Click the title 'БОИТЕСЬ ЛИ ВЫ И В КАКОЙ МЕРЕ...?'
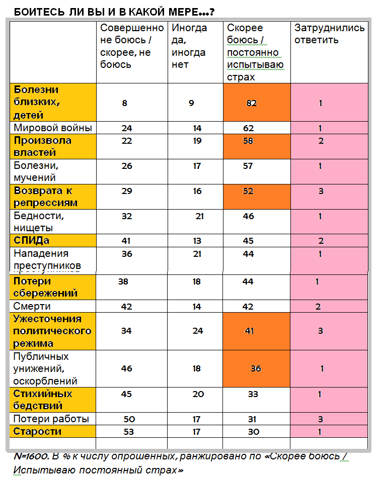110,11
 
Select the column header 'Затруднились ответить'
329,34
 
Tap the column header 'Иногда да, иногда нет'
189,46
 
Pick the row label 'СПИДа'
32,241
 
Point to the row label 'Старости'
38,431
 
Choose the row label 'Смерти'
32,306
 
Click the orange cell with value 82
252,103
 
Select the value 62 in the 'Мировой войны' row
248,128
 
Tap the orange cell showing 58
248,141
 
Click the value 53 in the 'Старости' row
128,432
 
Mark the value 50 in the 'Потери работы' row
129,419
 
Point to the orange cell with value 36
256,368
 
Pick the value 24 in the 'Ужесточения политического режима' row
197,331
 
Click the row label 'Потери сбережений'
46,287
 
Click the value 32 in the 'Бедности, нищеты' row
127,216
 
